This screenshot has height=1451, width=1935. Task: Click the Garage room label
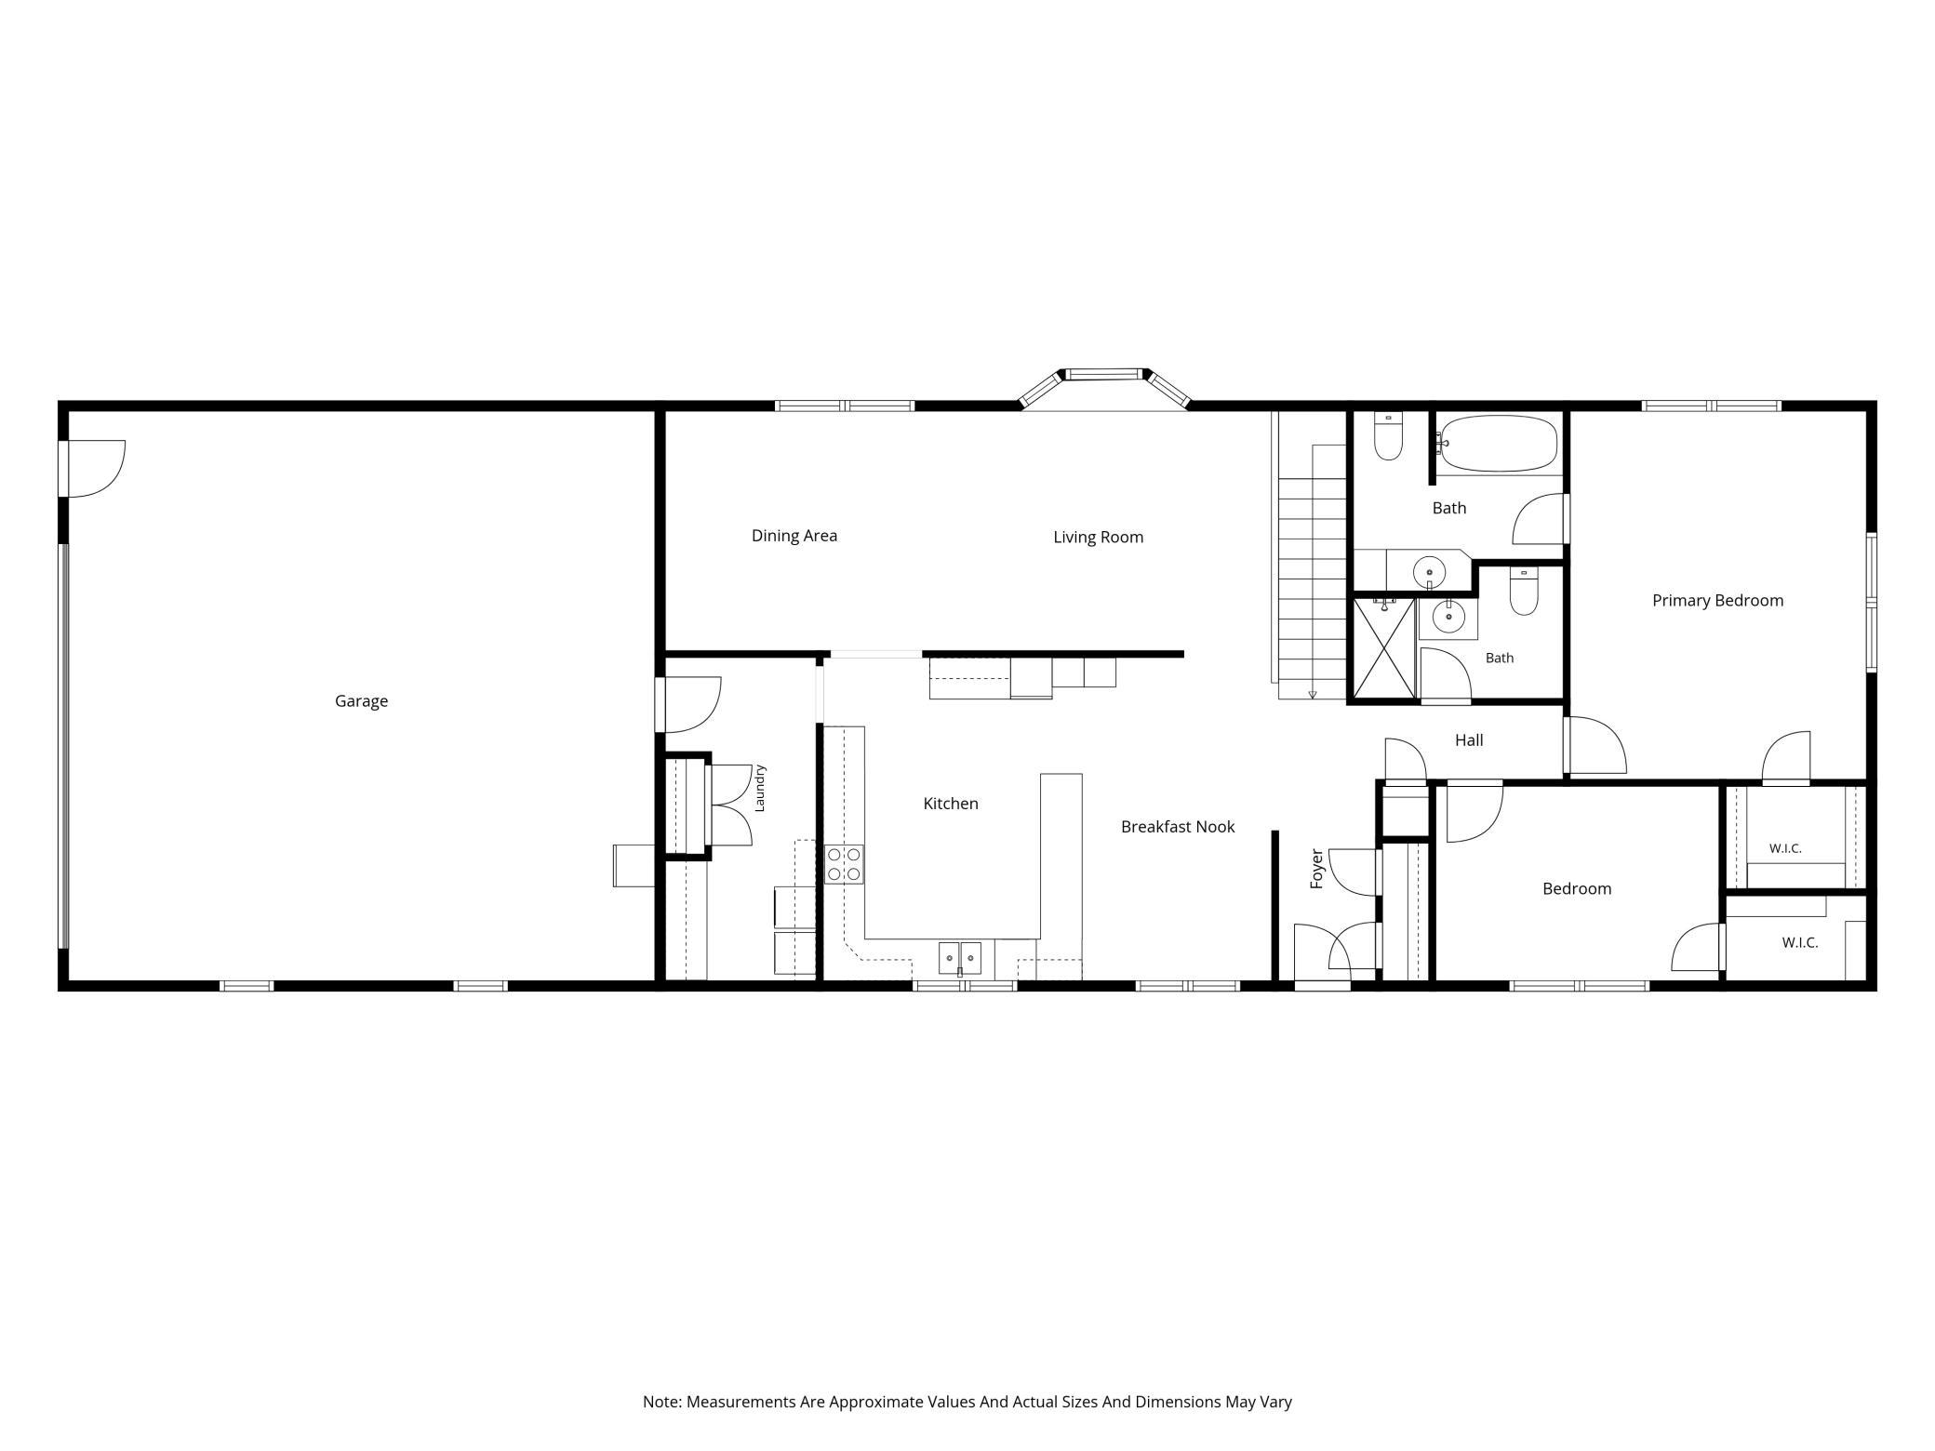click(x=361, y=701)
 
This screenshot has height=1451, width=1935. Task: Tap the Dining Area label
click(x=794, y=536)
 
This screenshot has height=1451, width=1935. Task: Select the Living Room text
click(x=1098, y=538)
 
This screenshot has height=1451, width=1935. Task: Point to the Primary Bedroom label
click(x=1717, y=601)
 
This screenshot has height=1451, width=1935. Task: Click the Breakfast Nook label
click(x=1178, y=827)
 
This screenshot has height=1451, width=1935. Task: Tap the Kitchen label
click(x=950, y=804)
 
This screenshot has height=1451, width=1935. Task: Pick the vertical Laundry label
click(x=759, y=788)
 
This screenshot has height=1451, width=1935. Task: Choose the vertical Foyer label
click(x=1316, y=869)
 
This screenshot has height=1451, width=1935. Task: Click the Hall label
click(x=1469, y=740)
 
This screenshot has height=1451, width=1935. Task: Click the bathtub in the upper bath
click(x=1498, y=444)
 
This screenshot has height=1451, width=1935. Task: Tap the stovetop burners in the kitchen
click(x=844, y=864)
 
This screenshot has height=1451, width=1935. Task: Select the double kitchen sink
click(x=959, y=957)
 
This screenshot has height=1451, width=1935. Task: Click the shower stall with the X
click(x=1383, y=648)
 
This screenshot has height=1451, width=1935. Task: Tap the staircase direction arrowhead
click(x=1313, y=694)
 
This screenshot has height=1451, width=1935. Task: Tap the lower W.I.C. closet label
click(x=1799, y=943)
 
